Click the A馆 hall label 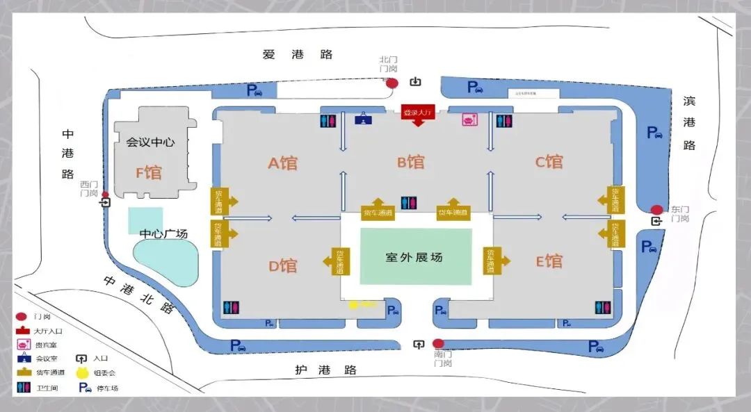pyautogui.click(x=283, y=163)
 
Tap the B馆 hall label pyautogui.click(x=410, y=163)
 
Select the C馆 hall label pyautogui.click(x=549, y=162)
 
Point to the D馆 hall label pyautogui.click(x=283, y=265)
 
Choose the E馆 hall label pyautogui.click(x=549, y=262)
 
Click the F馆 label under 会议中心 pyautogui.click(x=148, y=172)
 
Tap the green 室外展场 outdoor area pyautogui.click(x=415, y=257)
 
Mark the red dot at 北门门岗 pyautogui.click(x=392, y=83)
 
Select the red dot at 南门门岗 pyautogui.click(x=438, y=343)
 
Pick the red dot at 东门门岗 pyautogui.click(x=656, y=210)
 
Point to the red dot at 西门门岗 pyautogui.click(x=105, y=195)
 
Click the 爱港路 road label pyautogui.click(x=298, y=55)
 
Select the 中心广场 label pyautogui.click(x=164, y=233)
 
